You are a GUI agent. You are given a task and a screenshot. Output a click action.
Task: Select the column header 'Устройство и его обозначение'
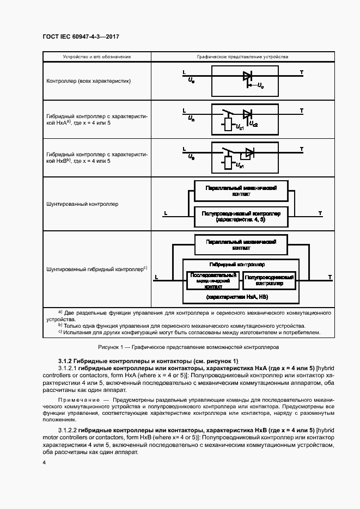click(97, 57)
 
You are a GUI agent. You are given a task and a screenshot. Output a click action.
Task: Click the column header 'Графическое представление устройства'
click(243, 57)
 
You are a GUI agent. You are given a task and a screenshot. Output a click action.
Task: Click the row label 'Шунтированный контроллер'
click(82, 204)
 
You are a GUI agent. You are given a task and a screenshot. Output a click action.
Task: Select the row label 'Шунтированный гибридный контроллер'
click(96, 269)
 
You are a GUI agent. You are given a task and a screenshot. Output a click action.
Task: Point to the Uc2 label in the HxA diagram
click(253, 125)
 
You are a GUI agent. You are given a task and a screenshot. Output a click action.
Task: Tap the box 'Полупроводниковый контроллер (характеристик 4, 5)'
click(241, 217)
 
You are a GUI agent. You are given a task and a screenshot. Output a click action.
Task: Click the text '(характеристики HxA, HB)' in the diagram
click(241, 297)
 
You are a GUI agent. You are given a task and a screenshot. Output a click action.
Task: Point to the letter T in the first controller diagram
click(302, 72)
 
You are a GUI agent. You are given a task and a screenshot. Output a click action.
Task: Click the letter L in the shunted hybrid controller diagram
click(156, 277)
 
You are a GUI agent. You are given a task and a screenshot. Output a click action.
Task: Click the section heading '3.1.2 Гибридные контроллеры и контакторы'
click(148, 361)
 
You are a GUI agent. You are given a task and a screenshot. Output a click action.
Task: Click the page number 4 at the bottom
click(44, 462)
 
